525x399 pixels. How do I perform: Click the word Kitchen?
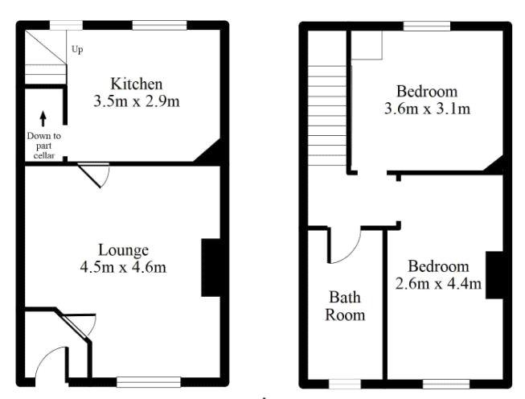[137, 84]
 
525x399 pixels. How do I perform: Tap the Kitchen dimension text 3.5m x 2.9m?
[137, 101]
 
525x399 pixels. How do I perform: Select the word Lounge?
[123, 251]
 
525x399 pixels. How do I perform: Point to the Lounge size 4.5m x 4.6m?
[123, 267]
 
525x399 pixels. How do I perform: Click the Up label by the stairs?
[77, 50]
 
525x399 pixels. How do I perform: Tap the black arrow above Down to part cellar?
[43, 118]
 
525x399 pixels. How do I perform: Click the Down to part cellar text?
[44, 146]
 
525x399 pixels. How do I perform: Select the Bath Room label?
[345, 306]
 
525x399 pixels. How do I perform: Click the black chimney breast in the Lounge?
[211, 268]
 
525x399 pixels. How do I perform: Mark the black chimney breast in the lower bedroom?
[494, 275]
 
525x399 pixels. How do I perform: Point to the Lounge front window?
[149, 382]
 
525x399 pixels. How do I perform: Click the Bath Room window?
[345, 384]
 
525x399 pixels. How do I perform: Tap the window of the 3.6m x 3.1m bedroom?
[427, 26]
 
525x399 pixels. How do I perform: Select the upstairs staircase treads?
[326, 116]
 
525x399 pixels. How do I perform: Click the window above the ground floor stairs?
[66, 26]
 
